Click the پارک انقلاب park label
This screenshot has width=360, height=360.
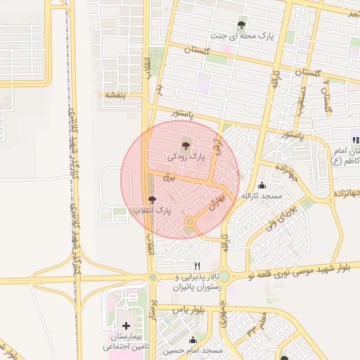point(152,211)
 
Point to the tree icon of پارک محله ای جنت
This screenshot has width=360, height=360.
point(243,22)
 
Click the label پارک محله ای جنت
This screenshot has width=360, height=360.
point(243,34)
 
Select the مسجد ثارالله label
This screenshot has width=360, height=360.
point(262,196)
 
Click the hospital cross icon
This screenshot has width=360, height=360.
point(126,326)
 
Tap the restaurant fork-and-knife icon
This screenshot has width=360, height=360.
point(197,266)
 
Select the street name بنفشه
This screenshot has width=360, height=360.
point(115,94)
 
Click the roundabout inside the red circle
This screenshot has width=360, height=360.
point(189,223)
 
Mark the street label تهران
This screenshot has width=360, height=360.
point(214,205)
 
